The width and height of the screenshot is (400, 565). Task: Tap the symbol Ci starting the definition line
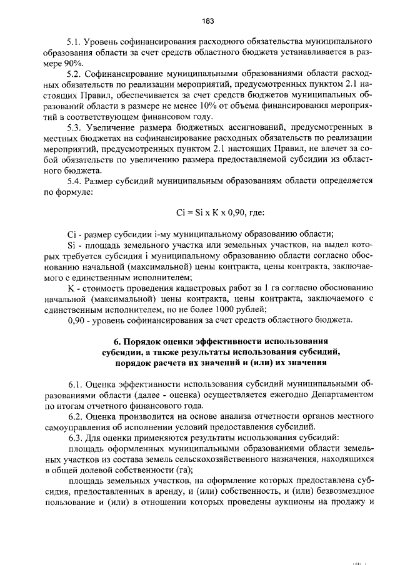pos(71,233)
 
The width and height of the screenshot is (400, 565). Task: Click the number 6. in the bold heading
pos(116,342)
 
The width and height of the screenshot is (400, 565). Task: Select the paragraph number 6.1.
pos(76,385)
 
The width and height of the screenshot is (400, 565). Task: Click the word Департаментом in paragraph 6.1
pos(339,395)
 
